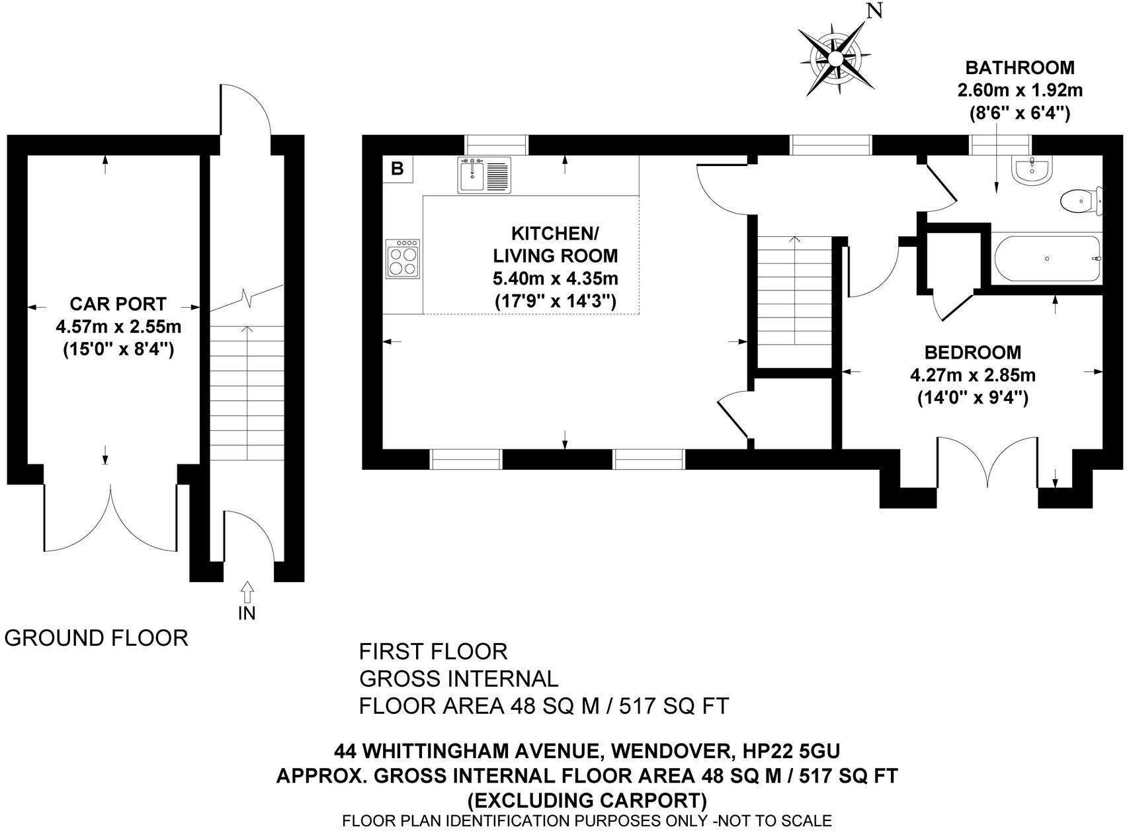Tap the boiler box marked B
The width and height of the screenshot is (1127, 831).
point(397,169)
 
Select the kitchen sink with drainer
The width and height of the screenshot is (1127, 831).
point(483,175)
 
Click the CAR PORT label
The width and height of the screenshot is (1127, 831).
point(118,304)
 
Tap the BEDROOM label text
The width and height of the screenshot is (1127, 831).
point(972,353)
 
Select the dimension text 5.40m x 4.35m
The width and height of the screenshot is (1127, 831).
point(556,279)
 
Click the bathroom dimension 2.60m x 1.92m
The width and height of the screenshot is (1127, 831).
point(1020,90)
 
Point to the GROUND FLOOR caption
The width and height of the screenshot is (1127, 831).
point(97,638)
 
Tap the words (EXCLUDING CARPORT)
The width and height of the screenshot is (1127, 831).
point(587,801)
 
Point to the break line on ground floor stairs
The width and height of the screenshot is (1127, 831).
point(247,299)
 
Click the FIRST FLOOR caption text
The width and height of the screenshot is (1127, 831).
point(433,652)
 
